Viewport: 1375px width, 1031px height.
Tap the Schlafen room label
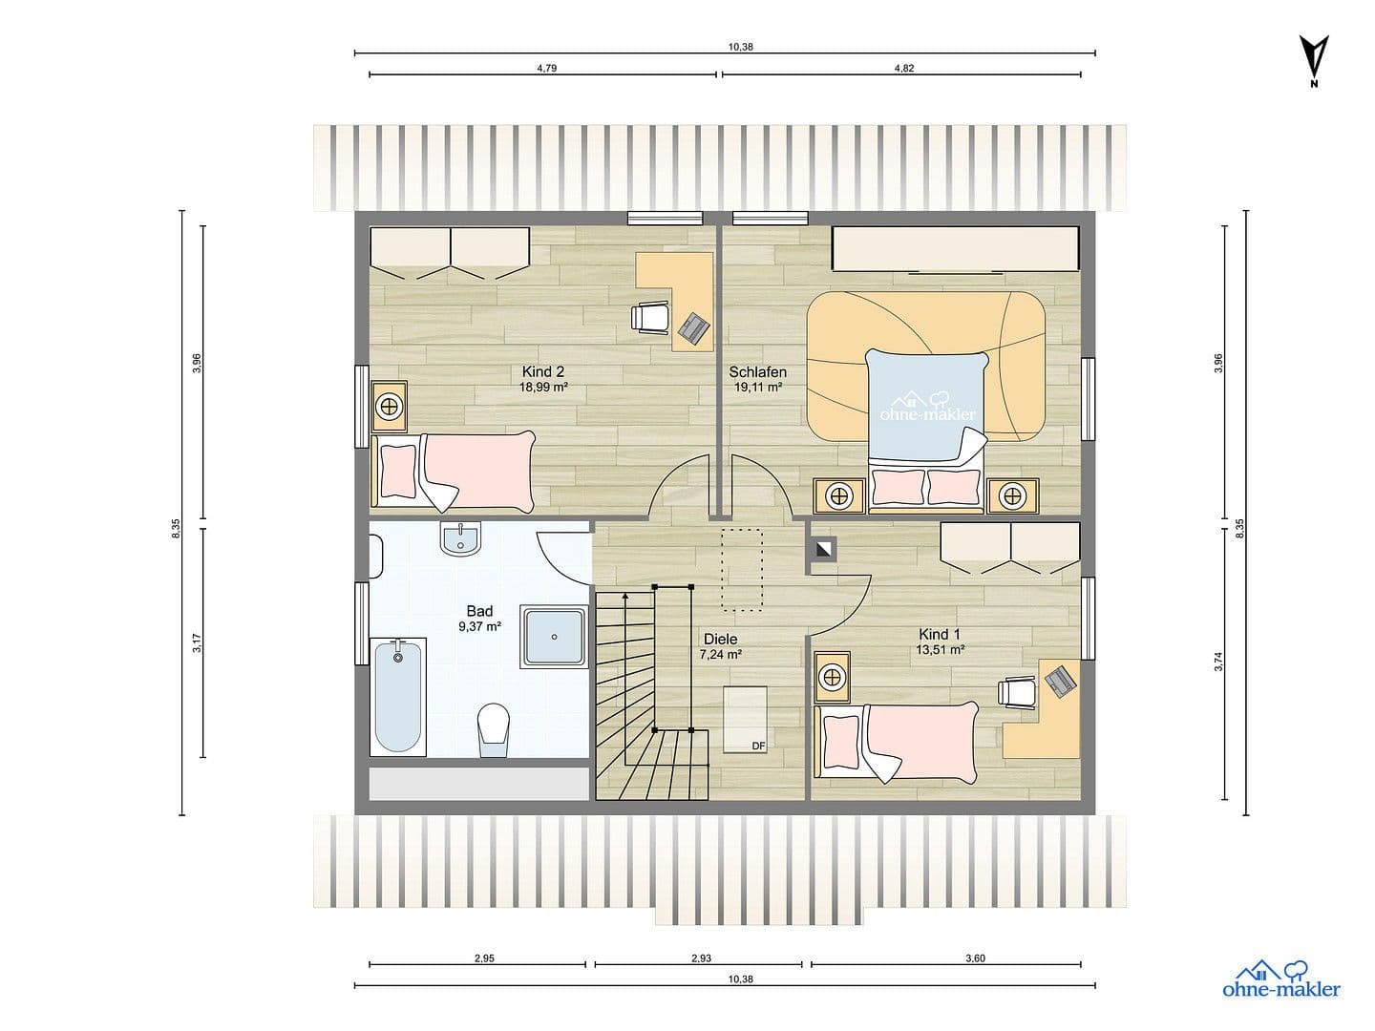pos(757,372)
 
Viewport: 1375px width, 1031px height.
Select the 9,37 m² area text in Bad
pos(479,627)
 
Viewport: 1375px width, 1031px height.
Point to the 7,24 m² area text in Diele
pos(720,655)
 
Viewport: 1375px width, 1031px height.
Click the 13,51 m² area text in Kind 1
pos(941,649)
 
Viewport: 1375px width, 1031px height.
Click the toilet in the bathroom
pos(493,729)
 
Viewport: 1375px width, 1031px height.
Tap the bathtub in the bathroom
pos(397,697)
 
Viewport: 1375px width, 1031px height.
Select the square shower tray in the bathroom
pos(554,636)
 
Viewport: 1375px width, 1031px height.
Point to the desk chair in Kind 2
pos(651,316)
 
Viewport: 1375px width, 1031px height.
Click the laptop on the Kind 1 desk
pos(1059,680)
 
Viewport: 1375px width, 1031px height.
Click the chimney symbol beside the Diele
pos(822,548)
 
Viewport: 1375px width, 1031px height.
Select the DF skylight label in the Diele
pos(758,746)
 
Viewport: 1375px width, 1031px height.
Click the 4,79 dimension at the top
pos(546,68)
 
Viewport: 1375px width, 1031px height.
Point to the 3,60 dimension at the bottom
pos(974,958)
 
